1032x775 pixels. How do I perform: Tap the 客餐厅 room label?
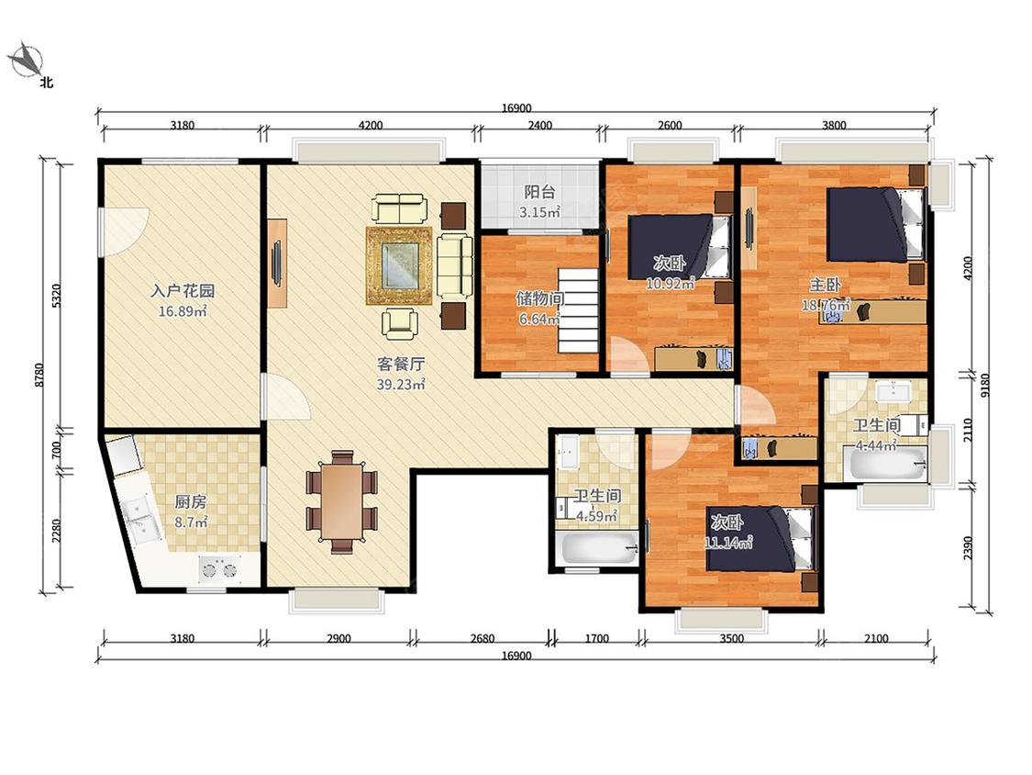(x=400, y=364)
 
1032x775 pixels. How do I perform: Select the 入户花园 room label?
(x=183, y=290)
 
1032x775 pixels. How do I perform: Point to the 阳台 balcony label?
(x=539, y=192)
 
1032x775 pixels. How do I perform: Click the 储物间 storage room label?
(x=539, y=298)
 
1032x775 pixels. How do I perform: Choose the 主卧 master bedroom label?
(x=825, y=286)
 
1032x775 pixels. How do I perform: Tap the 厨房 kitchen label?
(x=190, y=502)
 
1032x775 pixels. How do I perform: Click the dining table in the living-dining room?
(x=341, y=500)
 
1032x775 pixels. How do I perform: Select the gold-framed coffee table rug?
(x=399, y=265)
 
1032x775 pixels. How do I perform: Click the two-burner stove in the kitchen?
(x=220, y=569)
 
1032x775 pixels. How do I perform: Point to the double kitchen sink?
(x=142, y=520)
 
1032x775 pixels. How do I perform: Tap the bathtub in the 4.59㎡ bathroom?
(x=596, y=549)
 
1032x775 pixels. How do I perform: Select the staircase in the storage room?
(x=579, y=309)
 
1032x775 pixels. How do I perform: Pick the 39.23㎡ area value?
(x=400, y=384)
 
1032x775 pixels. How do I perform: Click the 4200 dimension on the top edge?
(x=371, y=125)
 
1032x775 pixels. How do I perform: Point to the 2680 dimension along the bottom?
(x=482, y=638)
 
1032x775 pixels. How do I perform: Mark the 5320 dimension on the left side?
(x=57, y=296)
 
